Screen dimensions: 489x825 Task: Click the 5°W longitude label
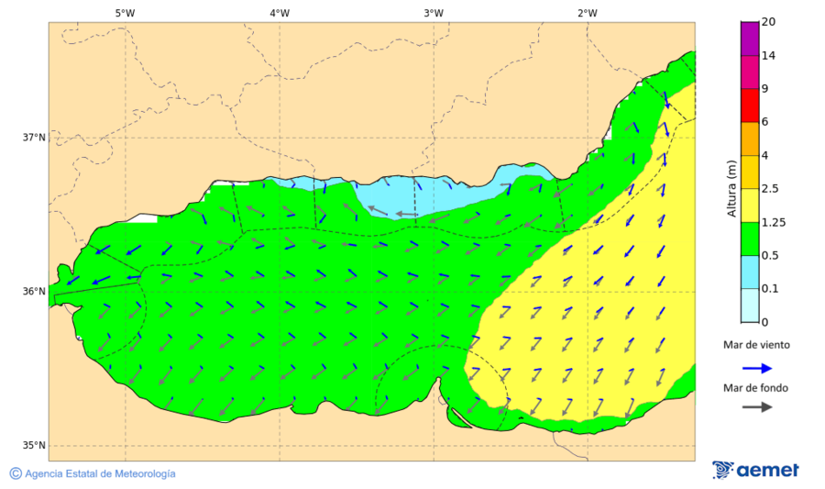pos(125,13)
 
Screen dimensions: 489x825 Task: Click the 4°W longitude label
pos(280,13)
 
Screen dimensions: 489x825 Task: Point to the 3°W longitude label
pos(434,13)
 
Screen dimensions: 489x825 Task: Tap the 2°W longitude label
pos(588,13)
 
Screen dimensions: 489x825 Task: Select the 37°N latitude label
pos(34,138)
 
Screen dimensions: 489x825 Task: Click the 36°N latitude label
pos(34,292)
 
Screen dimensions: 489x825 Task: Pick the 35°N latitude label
pos(34,446)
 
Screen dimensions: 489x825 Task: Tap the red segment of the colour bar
pos(750,105)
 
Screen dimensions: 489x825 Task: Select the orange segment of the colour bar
pos(750,139)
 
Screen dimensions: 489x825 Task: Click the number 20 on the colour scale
pos(769,22)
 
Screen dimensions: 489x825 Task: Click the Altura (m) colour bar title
pos(731,188)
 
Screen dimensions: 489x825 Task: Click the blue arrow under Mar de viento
pos(756,367)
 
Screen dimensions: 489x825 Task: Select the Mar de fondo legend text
pos(755,387)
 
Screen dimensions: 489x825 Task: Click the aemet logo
pos(755,470)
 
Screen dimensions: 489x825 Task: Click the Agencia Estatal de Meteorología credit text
pos(100,473)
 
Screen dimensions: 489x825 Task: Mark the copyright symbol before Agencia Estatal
pos(16,473)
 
